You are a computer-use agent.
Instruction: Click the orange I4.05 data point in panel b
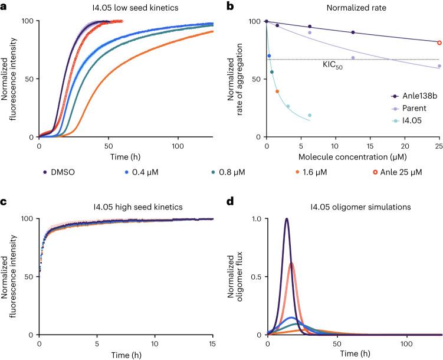click(x=277, y=91)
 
